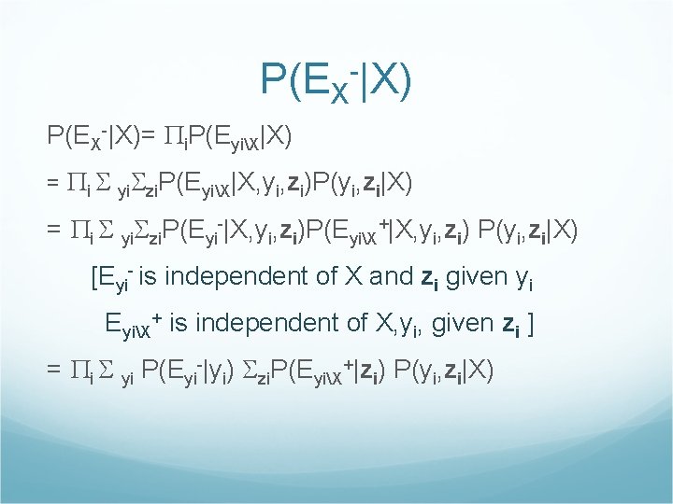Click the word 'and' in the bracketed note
(x=391, y=277)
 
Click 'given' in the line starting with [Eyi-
(x=483, y=277)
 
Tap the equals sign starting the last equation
(x=54, y=370)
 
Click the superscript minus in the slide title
(x=354, y=67)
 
